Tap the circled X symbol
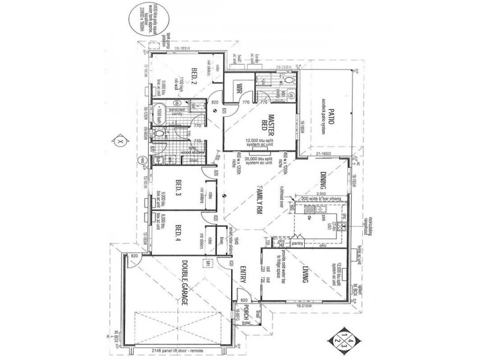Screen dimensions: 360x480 [x=119, y=141]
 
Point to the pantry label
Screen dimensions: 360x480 [x=295, y=244]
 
